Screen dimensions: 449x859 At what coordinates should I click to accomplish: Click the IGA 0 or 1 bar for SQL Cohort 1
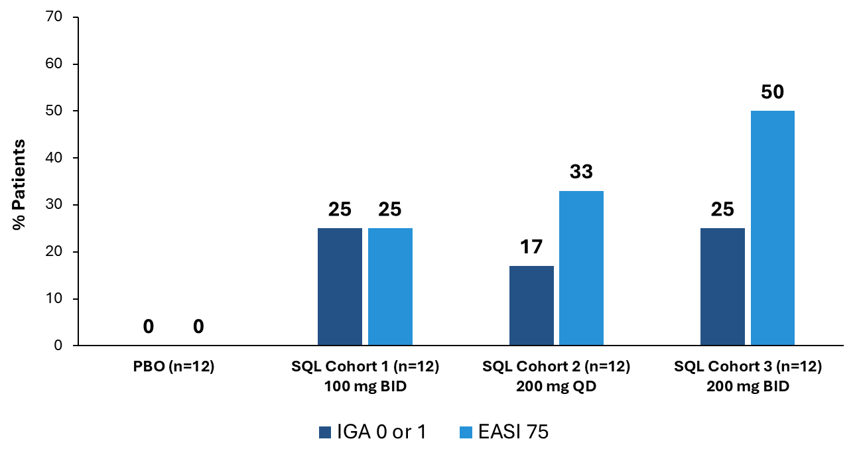[x=340, y=287]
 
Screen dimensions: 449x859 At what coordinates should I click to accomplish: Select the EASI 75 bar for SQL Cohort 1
[x=390, y=287]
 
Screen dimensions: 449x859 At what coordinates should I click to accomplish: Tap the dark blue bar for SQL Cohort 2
[x=531, y=305]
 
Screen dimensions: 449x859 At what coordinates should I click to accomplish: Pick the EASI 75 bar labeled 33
[x=581, y=268]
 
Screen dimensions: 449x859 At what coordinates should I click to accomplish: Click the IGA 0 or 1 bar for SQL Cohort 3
[x=722, y=287]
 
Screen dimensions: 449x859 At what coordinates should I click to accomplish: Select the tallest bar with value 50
[x=773, y=228]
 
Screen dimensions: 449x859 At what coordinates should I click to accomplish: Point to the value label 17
[x=531, y=247]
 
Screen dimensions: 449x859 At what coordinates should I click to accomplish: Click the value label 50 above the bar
[x=773, y=92]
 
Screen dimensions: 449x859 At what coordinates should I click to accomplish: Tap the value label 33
[x=581, y=172]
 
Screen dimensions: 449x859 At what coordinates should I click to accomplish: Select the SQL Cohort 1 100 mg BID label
[x=365, y=376]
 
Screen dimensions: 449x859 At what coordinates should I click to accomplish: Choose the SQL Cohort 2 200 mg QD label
[x=556, y=376]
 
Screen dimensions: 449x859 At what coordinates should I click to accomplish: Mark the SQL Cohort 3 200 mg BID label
[x=748, y=376]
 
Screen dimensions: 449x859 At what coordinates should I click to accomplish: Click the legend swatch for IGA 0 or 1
[x=324, y=432]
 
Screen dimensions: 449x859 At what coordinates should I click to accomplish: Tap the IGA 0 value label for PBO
[x=149, y=326]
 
